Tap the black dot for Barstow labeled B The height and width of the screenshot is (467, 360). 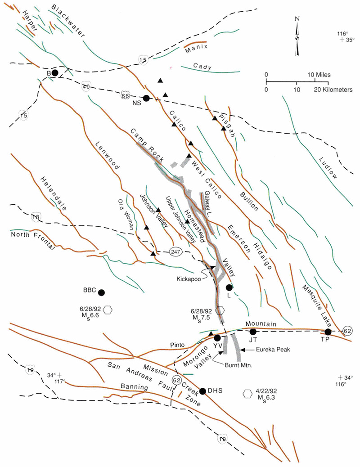55,72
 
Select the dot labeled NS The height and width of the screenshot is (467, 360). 146,98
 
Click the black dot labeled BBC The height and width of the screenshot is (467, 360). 102,292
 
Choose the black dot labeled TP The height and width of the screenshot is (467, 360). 328,332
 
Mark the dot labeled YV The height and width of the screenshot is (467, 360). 217,337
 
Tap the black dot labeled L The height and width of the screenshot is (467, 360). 229,287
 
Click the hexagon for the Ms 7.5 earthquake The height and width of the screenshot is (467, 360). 220,310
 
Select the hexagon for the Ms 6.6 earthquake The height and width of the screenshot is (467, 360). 108,310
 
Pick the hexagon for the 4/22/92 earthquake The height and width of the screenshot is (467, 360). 247,394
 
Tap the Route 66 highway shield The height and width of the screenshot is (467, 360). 126,96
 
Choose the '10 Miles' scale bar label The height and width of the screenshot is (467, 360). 305,73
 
